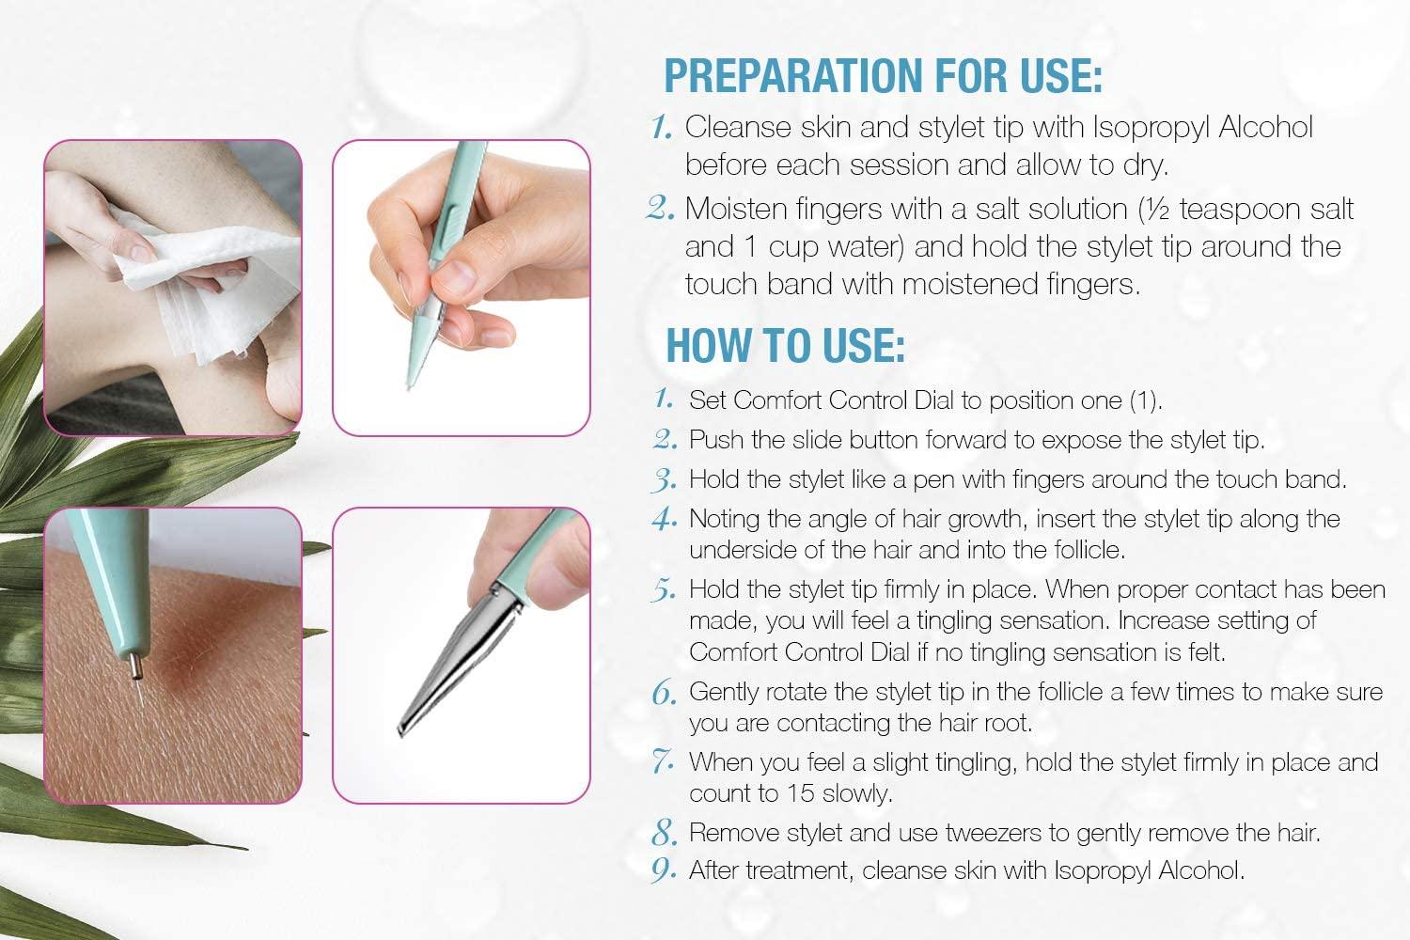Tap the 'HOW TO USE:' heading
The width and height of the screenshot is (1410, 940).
[x=785, y=345]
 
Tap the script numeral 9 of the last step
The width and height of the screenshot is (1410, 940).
[x=664, y=871]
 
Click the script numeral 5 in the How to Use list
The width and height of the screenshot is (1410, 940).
[x=664, y=591]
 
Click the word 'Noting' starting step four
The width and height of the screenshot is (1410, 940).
[x=720, y=519]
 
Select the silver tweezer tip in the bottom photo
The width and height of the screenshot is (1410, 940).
[x=414, y=714]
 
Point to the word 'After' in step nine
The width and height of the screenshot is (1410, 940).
[x=714, y=871]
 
